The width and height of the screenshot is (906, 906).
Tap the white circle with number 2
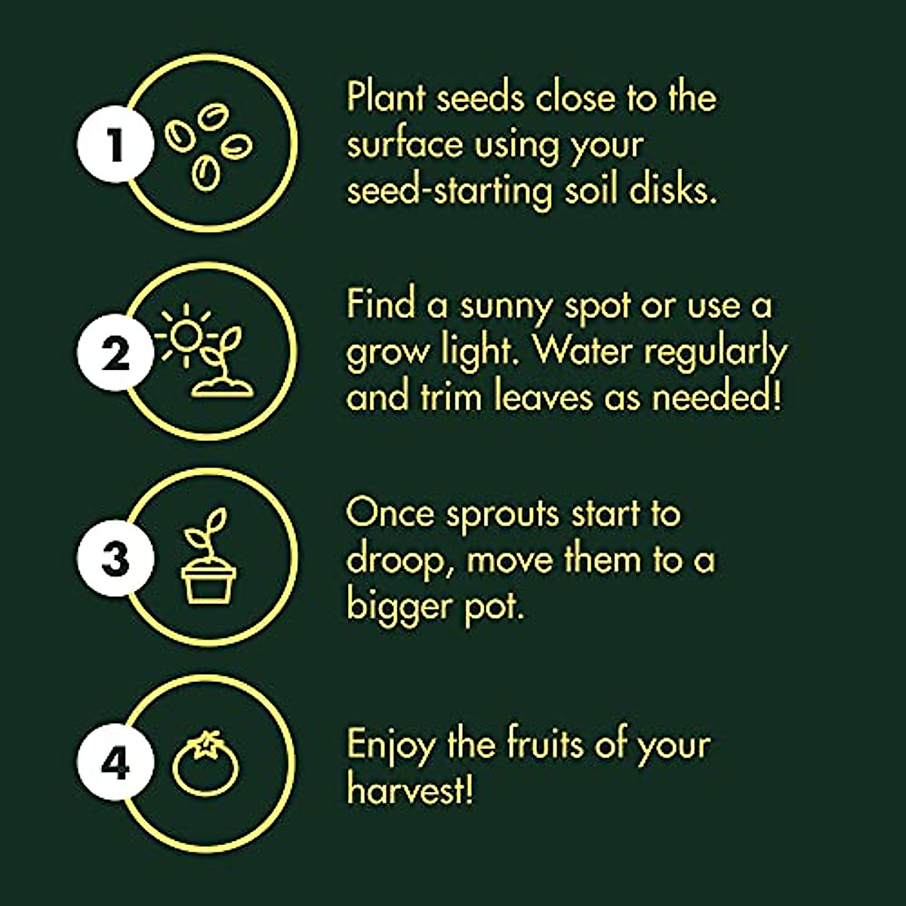115,352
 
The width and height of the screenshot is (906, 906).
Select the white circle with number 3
115,559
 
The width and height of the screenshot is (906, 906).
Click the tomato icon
205,763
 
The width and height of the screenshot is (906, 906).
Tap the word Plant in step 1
386,99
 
